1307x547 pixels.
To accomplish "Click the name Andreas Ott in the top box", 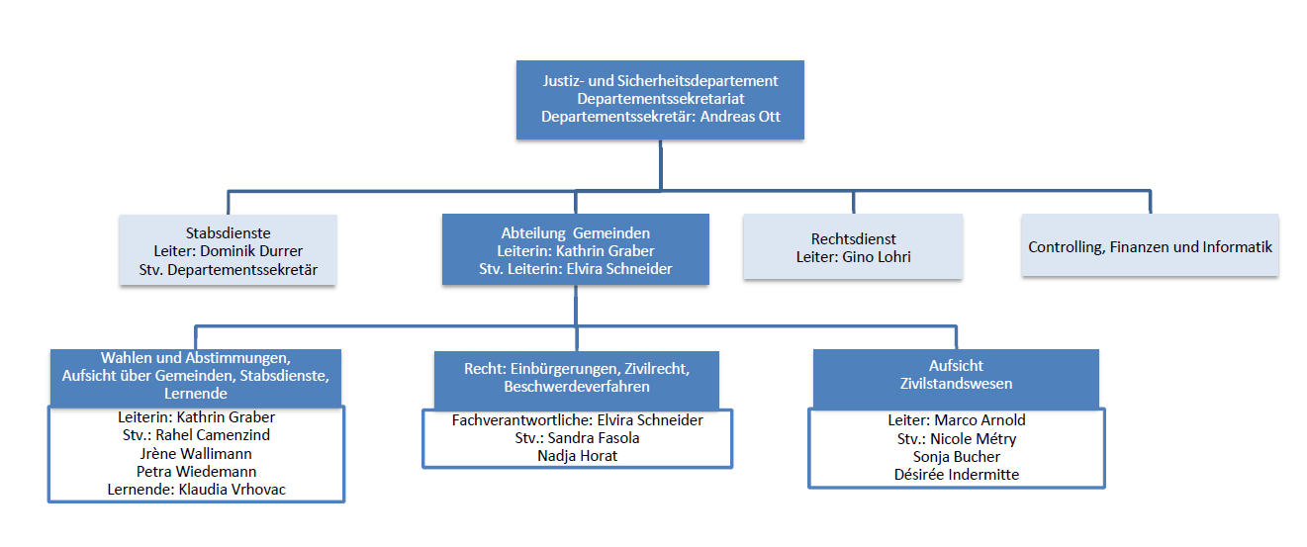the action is click(740, 117).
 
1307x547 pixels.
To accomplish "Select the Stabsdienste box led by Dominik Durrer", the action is click(229, 250).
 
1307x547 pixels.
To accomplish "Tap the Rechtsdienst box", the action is click(853, 246).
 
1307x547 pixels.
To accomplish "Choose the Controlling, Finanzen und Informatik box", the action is click(1150, 245).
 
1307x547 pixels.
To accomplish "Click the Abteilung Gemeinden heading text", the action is click(575, 233).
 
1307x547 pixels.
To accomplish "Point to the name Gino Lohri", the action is click(877, 256).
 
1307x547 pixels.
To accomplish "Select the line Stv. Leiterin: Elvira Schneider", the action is click(575, 269).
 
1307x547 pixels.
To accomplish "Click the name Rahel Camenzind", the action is click(213, 435).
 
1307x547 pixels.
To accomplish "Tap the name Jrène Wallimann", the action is click(196, 454).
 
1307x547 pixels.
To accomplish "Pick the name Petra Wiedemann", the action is click(196, 471).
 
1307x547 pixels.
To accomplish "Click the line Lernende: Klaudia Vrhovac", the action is click(196, 490).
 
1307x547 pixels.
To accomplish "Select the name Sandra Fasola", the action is click(594, 438).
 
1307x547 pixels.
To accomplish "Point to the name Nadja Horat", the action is click(577, 455).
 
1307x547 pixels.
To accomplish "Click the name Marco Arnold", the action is click(980, 419).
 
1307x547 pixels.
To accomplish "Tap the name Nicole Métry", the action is click(974, 438).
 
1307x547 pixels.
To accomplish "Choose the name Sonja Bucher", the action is click(957, 457).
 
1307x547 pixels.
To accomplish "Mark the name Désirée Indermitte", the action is click(957, 474).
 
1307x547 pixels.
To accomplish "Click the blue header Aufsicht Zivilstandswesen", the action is click(956, 379).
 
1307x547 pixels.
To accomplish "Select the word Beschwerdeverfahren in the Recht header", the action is click(577, 387).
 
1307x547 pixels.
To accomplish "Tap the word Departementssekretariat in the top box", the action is click(661, 99).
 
